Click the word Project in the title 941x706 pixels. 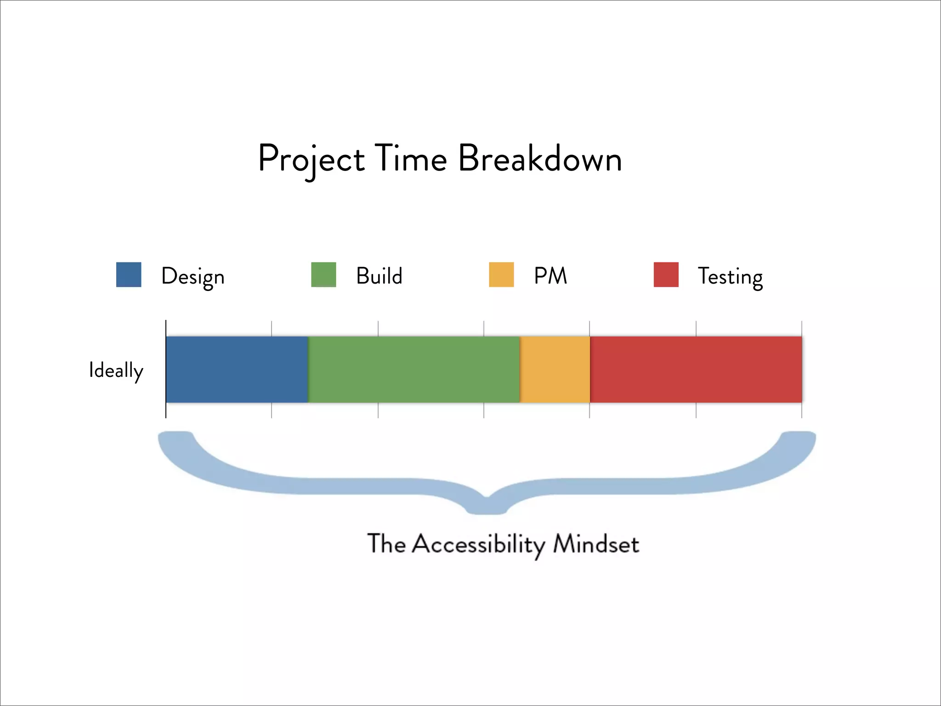click(x=311, y=159)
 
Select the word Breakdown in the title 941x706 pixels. click(x=540, y=159)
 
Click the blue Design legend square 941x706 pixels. click(x=129, y=275)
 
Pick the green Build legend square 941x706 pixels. click(x=323, y=275)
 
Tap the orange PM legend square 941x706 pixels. click(x=501, y=275)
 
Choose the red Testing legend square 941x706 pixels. click(x=666, y=275)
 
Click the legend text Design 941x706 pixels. click(x=193, y=277)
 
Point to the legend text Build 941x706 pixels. click(x=379, y=276)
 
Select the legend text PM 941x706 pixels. click(x=550, y=276)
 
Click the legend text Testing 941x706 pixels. click(x=730, y=277)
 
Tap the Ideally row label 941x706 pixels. click(x=116, y=370)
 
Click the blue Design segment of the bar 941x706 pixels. click(x=237, y=370)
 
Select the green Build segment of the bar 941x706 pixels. click(x=414, y=370)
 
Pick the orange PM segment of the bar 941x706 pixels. click(x=555, y=370)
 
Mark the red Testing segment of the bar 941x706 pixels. click(x=696, y=370)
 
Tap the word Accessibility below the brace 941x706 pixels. click(x=478, y=545)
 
